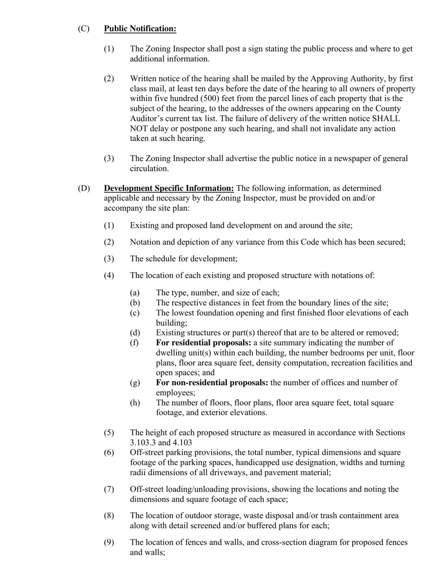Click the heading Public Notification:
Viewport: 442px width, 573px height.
[x=140, y=29]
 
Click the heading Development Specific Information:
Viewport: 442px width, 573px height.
[x=169, y=188]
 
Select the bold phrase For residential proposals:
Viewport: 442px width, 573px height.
[x=203, y=343]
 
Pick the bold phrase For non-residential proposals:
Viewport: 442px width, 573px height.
[x=212, y=383]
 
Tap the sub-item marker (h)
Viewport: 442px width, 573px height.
[x=135, y=402]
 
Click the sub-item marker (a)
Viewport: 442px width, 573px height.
[x=135, y=293]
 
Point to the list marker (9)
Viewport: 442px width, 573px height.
[x=109, y=542]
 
